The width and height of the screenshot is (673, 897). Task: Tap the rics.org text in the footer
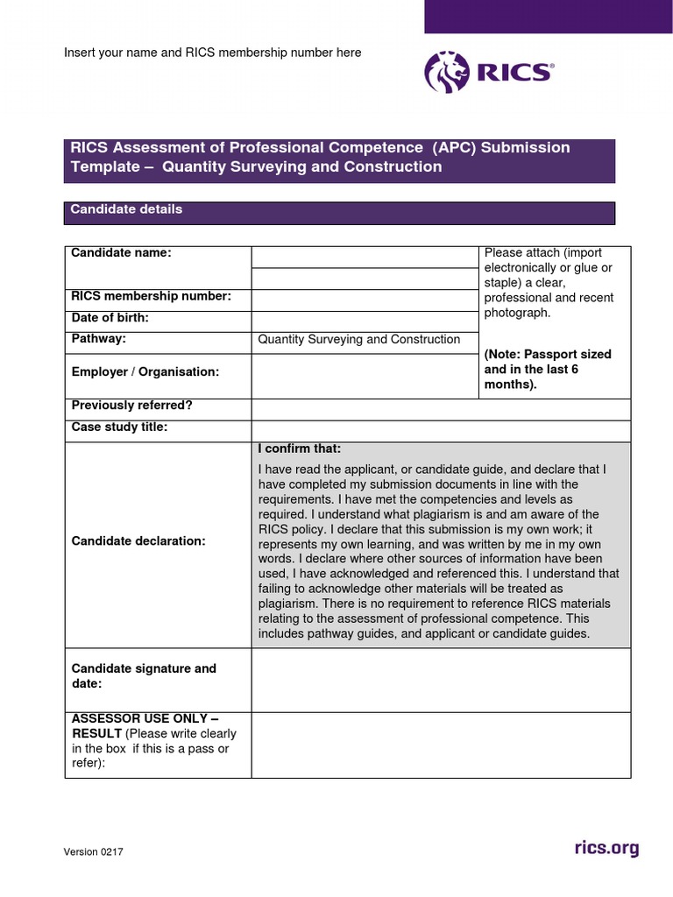pos(606,848)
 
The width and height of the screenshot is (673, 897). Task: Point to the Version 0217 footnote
pos(93,852)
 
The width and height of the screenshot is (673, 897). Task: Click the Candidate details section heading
pos(126,209)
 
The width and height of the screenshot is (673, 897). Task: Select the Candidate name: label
pos(121,253)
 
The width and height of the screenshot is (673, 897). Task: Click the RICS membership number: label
pos(151,296)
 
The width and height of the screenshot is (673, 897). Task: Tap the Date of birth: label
pos(110,317)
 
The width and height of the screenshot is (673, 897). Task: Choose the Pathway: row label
pos(98,338)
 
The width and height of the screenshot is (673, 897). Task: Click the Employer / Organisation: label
pos(145,371)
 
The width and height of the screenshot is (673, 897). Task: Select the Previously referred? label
pos(131,406)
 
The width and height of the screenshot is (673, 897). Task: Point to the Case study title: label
pos(119,427)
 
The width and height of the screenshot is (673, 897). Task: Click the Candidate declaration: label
pos(138,540)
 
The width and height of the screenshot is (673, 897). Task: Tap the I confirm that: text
pos(300,449)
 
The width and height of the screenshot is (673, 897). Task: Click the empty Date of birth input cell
pos(365,321)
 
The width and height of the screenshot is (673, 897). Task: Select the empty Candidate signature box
pos(440,679)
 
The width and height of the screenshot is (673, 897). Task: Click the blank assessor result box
pos(440,744)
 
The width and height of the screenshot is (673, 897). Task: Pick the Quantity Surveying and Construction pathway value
pos(359,340)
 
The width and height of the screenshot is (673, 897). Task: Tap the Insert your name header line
pos(212,53)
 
